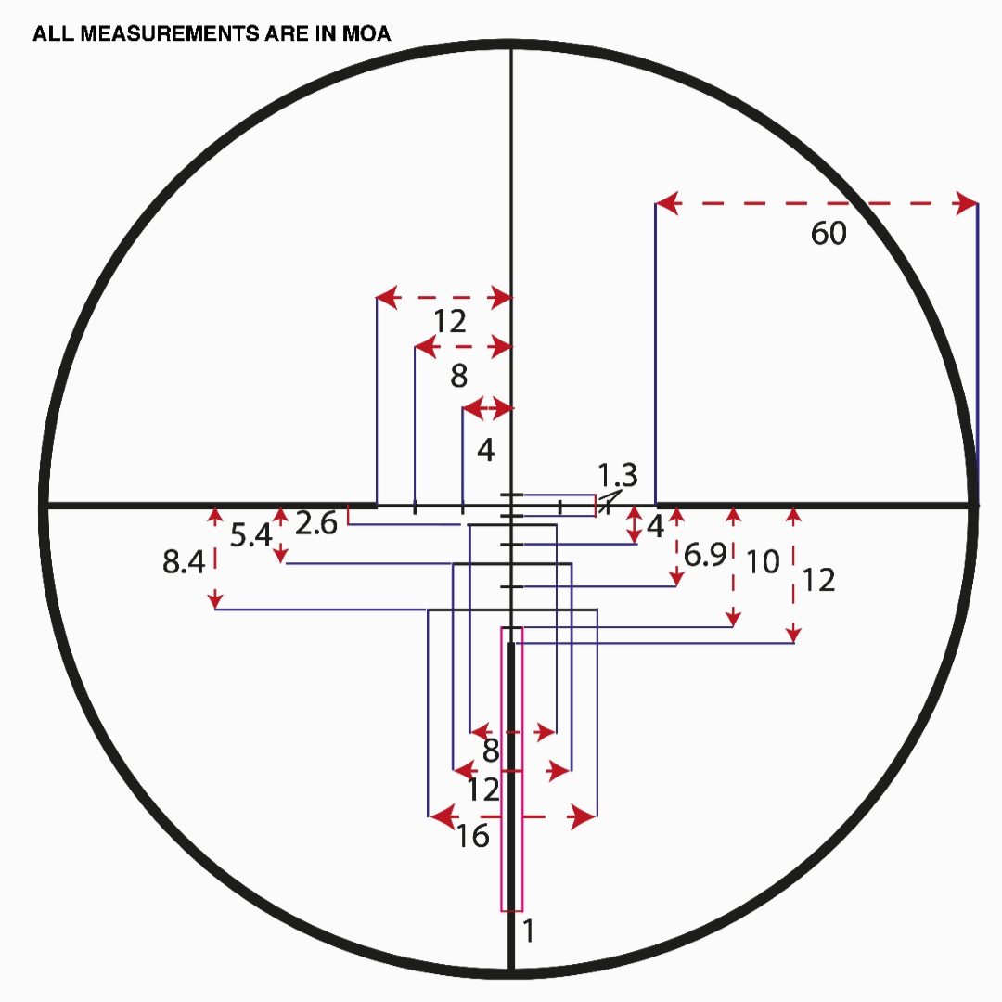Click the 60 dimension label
[x=829, y=233]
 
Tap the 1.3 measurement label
[x=617, y=475]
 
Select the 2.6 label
[x=315, y=523]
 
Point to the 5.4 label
[x=250, y=535]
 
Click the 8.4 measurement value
[x=184, y=561]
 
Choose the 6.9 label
[x=705, y=554]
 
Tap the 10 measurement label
[x=763, y=561]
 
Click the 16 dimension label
[x=473, y=836]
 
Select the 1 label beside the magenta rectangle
[x=528, y=931]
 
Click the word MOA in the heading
[x=366, y=33]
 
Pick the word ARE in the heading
[x=287, y=33]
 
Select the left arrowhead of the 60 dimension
[x=667, y=204]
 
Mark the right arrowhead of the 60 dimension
[x=966, y=204]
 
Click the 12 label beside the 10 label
[x=818, y=580]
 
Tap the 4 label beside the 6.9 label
[x=656, y=527]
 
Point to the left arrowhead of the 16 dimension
[x=443, y=816]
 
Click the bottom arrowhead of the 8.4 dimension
[x=215, y=601]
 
